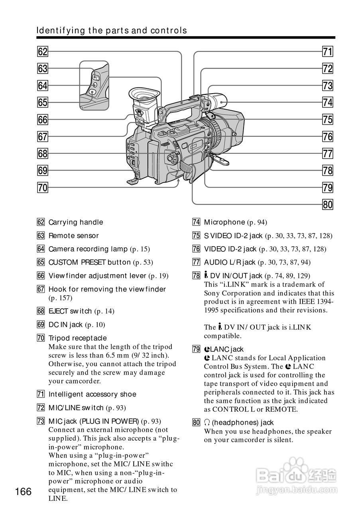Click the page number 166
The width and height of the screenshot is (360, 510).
(x=24, y=492)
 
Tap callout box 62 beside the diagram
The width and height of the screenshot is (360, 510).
(x=43, y=51)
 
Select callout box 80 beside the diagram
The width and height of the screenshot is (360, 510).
(x=327, y=205)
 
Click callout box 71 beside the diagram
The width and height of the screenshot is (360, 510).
(x=327, y=51)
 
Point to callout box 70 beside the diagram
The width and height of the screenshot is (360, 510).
(x=43, y=187)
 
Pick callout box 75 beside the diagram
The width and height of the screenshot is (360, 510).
(x=327, y=119)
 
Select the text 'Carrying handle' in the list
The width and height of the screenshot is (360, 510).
(x=76, y=222)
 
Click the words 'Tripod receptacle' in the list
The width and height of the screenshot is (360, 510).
(x=78, y=338)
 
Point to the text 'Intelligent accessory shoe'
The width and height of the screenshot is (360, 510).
(x=92, y=394)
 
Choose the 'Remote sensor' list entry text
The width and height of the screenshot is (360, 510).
(x=73, y=236)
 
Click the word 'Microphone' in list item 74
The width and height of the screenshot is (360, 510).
(x=224, y=222)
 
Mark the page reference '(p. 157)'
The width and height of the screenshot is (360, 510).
(x=61, y=298)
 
